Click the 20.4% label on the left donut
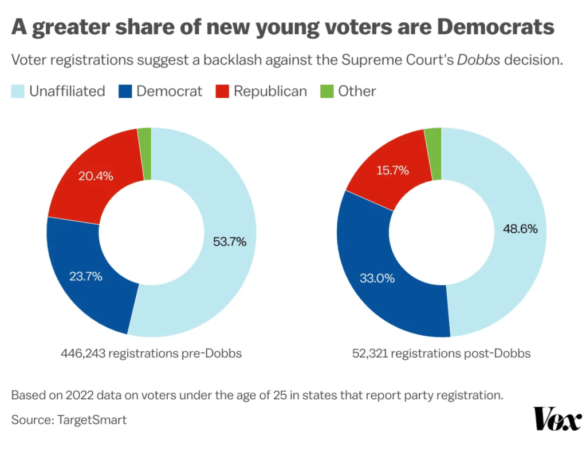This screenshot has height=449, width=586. [x=96, y=176]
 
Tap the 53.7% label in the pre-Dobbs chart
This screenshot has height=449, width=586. [x=230, y=241]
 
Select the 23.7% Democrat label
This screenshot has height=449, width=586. [x=85, y=276]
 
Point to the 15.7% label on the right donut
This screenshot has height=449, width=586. [x=392, y=170]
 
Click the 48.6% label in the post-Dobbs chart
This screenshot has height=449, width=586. [x=520, y=228]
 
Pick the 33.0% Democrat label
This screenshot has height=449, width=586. [x=377, y=278]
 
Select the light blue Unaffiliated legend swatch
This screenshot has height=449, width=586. [x=18, y=92]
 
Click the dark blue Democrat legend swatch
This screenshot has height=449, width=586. [x=125, y=92]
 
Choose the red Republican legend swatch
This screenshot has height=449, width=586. [x=222, y=92]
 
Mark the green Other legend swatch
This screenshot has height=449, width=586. [x=327, y=92]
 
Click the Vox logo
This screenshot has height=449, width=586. [x=557, y=419]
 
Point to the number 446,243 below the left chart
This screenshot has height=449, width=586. [x=83, y=353]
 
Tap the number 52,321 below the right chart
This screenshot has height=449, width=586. [x=370, y=353]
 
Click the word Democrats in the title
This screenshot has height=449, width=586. [x=495, y=27]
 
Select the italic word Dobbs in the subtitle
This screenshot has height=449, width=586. [x=478, y=59]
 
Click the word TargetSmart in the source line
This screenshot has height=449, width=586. [x=92, y=420]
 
